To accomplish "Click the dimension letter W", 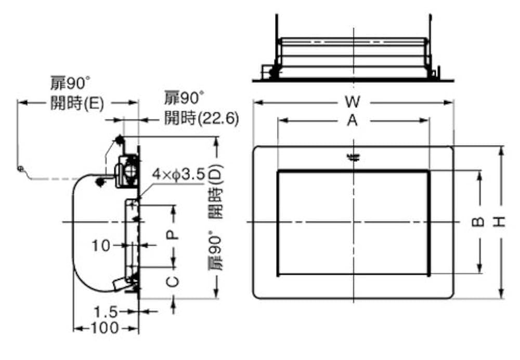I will [353, 100].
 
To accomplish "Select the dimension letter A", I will [353, 121].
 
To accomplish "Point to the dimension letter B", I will [478, 222].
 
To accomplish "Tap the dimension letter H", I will [500, 222].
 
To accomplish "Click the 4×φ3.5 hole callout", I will [180, 175].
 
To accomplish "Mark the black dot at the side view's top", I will [120, 139].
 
